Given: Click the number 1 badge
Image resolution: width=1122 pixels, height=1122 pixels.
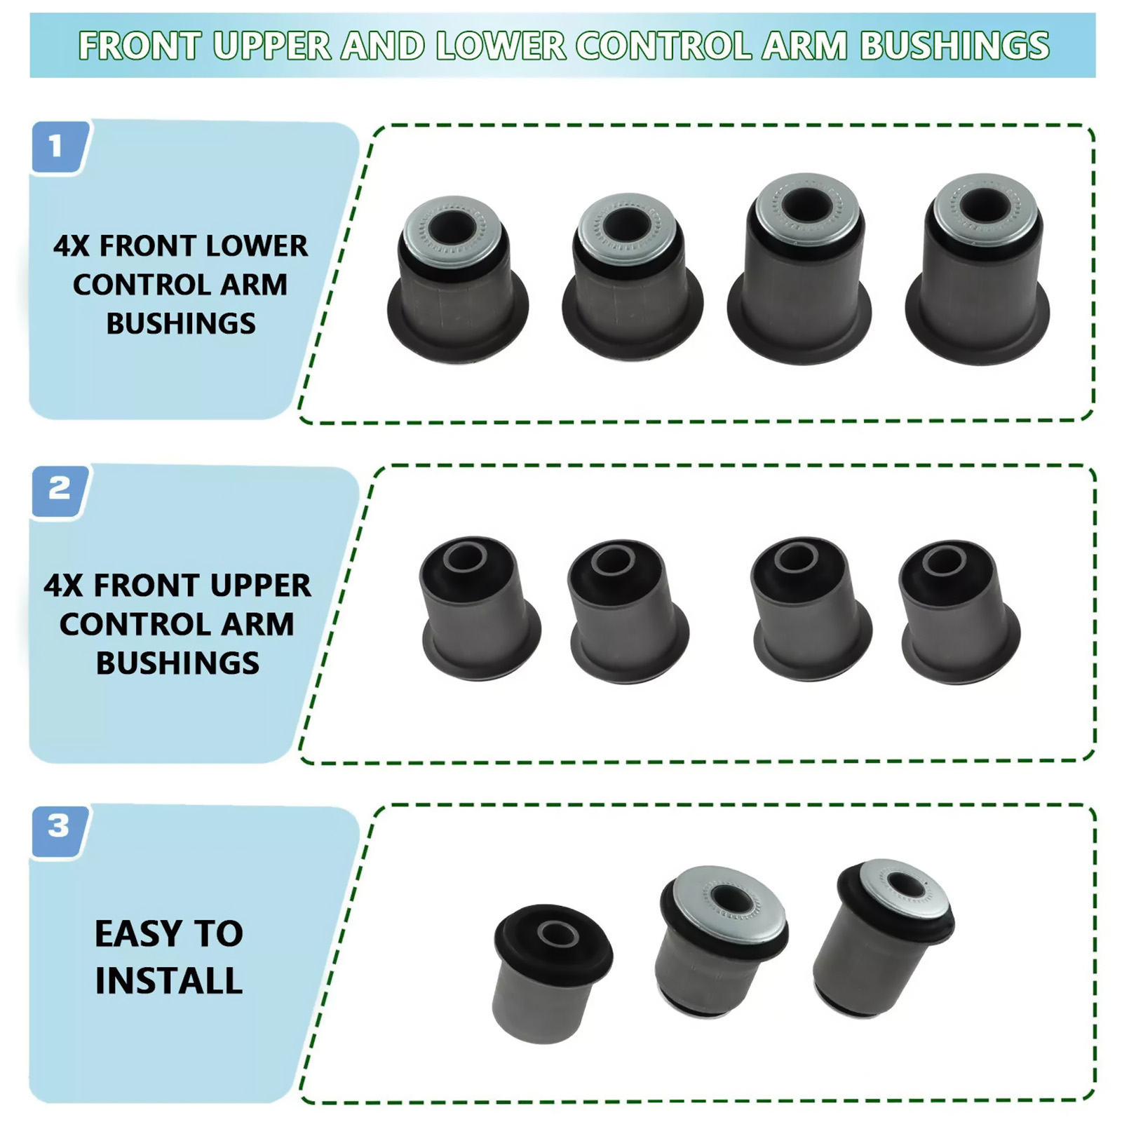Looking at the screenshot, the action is click(x=60, y=147).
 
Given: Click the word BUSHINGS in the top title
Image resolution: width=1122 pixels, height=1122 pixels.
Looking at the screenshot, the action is click(x=954, y=46).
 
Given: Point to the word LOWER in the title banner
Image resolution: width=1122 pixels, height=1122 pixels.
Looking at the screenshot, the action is click(x=500, y=46).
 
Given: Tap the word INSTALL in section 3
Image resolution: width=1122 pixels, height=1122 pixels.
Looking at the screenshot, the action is click(x=169, y=980).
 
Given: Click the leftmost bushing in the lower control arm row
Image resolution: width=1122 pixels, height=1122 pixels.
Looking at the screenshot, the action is click(x=457, y=278).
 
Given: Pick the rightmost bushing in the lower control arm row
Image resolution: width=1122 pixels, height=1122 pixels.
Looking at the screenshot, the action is click(x=978, y=269).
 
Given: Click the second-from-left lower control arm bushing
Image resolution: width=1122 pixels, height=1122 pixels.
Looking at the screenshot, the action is click(x=632, y=277).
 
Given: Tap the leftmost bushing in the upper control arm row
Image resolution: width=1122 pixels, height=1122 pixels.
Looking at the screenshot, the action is click(x=480, y=608).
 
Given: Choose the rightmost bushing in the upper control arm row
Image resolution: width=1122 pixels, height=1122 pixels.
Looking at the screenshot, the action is click(x=959, y=611).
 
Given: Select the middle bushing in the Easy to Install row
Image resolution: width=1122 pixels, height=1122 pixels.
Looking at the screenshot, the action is click(x=722, y=942).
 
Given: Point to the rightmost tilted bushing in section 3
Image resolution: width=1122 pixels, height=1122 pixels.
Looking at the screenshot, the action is click(x=884, y=938).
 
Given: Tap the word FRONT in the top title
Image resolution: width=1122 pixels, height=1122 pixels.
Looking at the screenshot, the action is click(x=140, y=46).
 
